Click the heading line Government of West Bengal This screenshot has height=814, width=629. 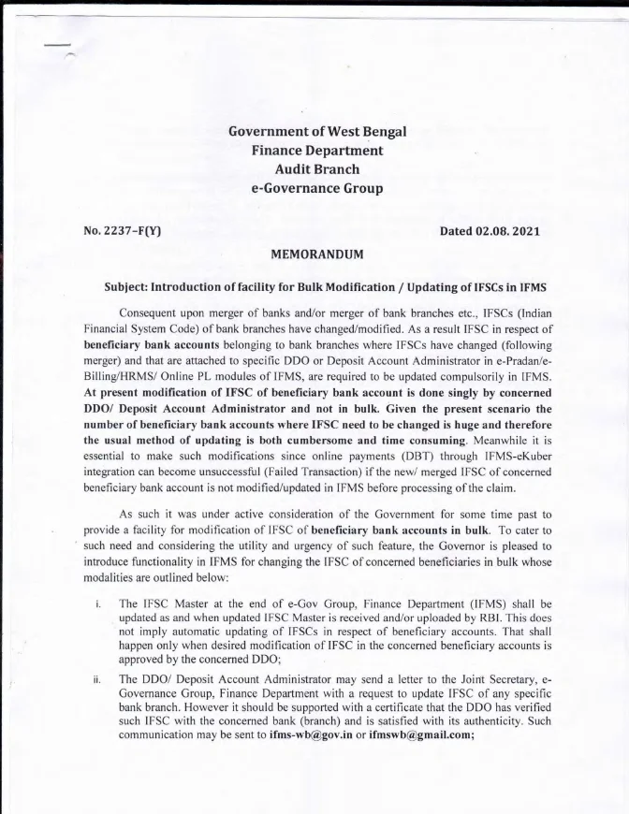pyautogui.click(x=317, y=131)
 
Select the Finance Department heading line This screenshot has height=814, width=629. pyautogui.click(x=317, y=150)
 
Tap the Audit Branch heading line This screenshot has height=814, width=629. pyautogui.click(x=317, y=169)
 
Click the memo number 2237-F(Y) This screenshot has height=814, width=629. pyautogui.click(x=123, y=231)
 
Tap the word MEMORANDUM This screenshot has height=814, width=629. pyautogui.click(x=316, y=254)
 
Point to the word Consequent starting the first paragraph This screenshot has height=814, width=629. pyautogui.click(x=152, y=311)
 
